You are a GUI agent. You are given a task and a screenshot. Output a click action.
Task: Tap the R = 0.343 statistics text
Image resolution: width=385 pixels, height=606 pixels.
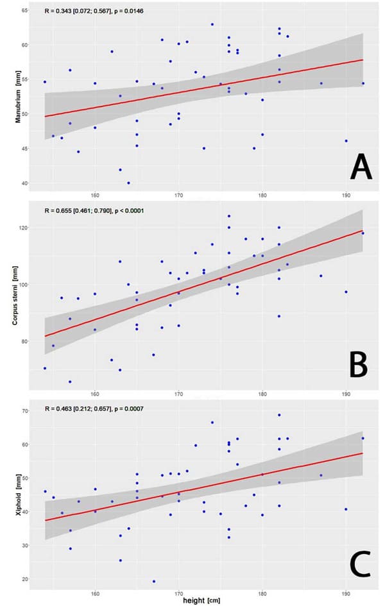point(96,11)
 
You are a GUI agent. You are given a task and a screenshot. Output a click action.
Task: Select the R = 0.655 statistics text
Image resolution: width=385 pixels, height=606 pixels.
point(98,212)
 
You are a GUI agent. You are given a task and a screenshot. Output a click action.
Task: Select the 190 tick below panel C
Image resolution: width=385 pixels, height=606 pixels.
point(346,591)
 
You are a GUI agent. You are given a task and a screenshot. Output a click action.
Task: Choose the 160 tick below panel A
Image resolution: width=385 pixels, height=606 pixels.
point(95,194)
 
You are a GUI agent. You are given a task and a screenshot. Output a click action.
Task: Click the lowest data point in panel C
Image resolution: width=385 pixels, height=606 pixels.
point(154,581)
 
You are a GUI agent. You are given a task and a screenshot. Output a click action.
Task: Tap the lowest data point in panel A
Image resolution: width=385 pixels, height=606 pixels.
point(128,183)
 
